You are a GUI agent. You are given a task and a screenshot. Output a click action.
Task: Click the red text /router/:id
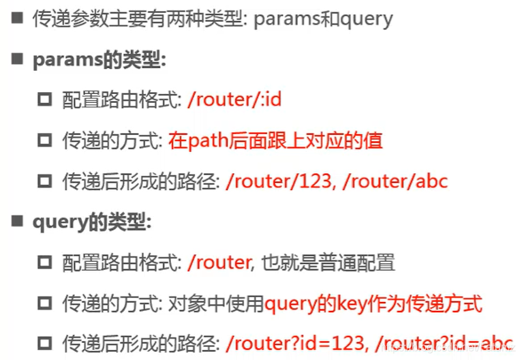(234, 100)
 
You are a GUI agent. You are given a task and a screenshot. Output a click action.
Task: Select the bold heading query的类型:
(92, 222)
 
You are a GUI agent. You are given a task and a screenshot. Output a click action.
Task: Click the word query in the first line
(366, 18)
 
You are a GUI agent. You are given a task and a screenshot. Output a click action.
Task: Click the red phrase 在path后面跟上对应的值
(275, 140)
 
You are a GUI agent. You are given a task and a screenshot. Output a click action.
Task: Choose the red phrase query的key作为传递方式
(373, 303)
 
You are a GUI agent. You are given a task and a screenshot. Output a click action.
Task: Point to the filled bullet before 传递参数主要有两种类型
(16, 18)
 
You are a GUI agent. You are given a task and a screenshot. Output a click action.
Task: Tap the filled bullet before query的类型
(16, 222)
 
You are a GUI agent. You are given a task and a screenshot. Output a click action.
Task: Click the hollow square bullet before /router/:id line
(45, 100)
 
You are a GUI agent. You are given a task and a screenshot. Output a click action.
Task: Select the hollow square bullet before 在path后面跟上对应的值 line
(45, 141)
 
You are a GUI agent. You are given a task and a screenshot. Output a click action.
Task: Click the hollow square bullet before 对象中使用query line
(45, 303)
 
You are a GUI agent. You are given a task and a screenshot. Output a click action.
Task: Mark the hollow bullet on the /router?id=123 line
(45, 344)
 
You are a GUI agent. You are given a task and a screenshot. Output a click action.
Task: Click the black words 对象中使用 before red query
(215, 303)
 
